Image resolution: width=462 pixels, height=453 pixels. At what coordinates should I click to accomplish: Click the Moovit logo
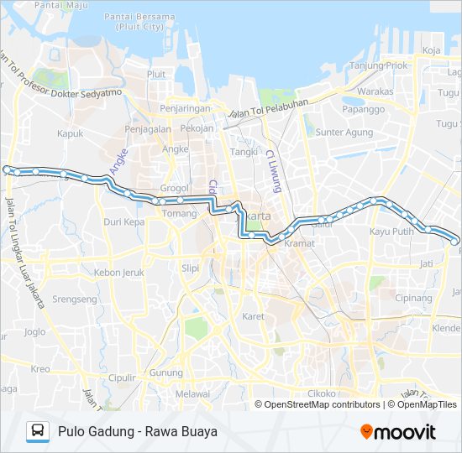(x=398, y=432)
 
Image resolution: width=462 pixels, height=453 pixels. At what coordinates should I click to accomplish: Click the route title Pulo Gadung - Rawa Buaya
(x=138, y=432)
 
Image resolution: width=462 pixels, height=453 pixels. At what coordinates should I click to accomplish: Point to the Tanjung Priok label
(x=378, y=65)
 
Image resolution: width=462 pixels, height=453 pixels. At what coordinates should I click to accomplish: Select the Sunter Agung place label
(x=344, y=132)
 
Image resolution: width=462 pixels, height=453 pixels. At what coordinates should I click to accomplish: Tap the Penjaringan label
(x=183, y=109)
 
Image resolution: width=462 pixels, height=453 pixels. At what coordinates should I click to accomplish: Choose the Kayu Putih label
(x=391, y=231)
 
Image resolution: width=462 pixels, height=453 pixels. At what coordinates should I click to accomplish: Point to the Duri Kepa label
(x=123, y=222)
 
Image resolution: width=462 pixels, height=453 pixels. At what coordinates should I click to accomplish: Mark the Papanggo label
(x=363, y=109)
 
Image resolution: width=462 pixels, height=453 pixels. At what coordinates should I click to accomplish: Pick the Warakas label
(x=375, y=91)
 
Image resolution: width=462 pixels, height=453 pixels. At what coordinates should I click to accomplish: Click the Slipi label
(x=190, y=268)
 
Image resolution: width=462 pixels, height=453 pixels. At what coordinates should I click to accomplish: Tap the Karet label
(x=253, y=316)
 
